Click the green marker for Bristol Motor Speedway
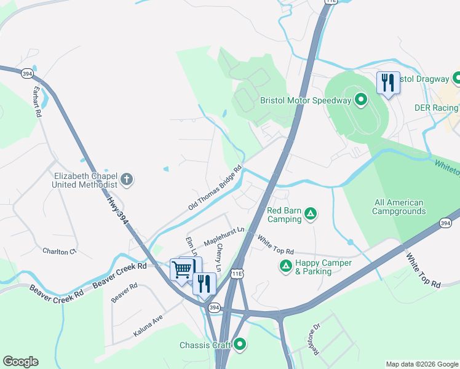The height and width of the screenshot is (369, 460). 362,100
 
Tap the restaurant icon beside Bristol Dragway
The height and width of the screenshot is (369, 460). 387,82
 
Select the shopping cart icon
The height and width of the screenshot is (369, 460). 183,269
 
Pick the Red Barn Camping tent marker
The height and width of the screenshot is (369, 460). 311,214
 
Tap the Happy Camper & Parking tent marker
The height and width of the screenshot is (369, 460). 285,266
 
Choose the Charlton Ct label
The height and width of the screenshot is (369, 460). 59,251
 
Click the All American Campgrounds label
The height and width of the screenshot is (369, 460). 399,207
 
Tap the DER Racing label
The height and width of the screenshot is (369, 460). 435,108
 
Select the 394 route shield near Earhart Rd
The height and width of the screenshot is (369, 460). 26,73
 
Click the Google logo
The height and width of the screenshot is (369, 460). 20,362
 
